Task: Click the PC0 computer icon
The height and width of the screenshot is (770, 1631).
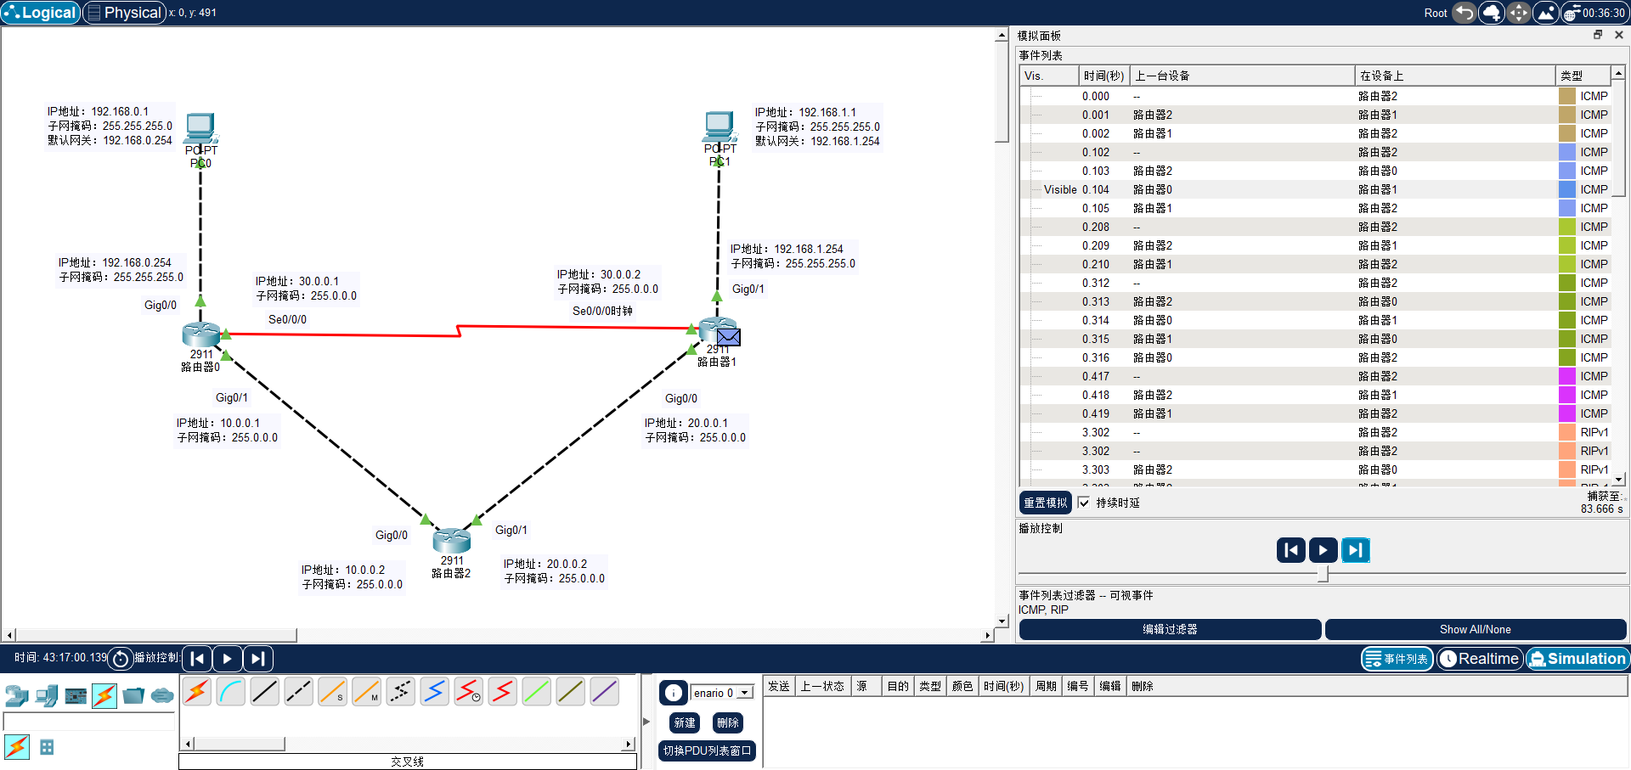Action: click(x=200, y=128)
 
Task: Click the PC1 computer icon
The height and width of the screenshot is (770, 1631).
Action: click(x=720, y=127)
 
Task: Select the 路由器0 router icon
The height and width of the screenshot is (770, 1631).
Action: click(x=201, y=334)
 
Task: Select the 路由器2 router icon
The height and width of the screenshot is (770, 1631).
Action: click(x=451, y=540)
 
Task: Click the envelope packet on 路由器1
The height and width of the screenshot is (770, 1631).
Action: click(x=729, y=337)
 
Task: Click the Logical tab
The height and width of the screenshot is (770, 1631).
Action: click(x=41, y=13)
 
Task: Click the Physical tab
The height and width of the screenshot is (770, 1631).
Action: click(x=124, y=13)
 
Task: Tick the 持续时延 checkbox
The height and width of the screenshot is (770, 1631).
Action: click(x=1084, y=503)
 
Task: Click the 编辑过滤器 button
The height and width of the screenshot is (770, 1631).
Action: click(x=1169, y=629)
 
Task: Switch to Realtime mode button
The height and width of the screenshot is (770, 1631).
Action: click(x=1479, y=659)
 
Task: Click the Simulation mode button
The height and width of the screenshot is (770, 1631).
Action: click(x=1577, y=659)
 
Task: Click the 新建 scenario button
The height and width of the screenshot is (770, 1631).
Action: click(x=685, y=722)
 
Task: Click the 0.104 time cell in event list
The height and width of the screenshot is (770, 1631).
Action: click(x=1095, y=189)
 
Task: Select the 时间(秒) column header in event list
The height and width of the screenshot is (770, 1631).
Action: click(x=1103, y=76)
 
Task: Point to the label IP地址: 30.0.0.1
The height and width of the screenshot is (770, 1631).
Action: click(x=297, y=281)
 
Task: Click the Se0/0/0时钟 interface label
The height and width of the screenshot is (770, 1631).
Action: click(x=602, y=311)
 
